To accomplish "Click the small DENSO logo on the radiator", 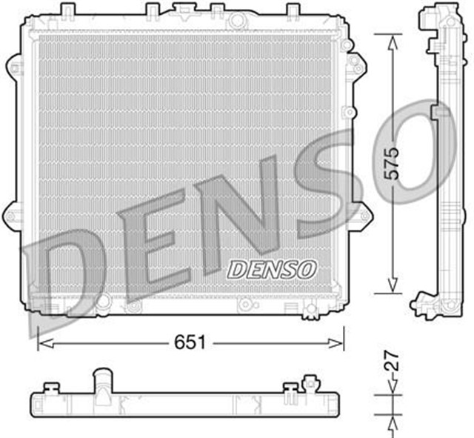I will pos(272,268).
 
